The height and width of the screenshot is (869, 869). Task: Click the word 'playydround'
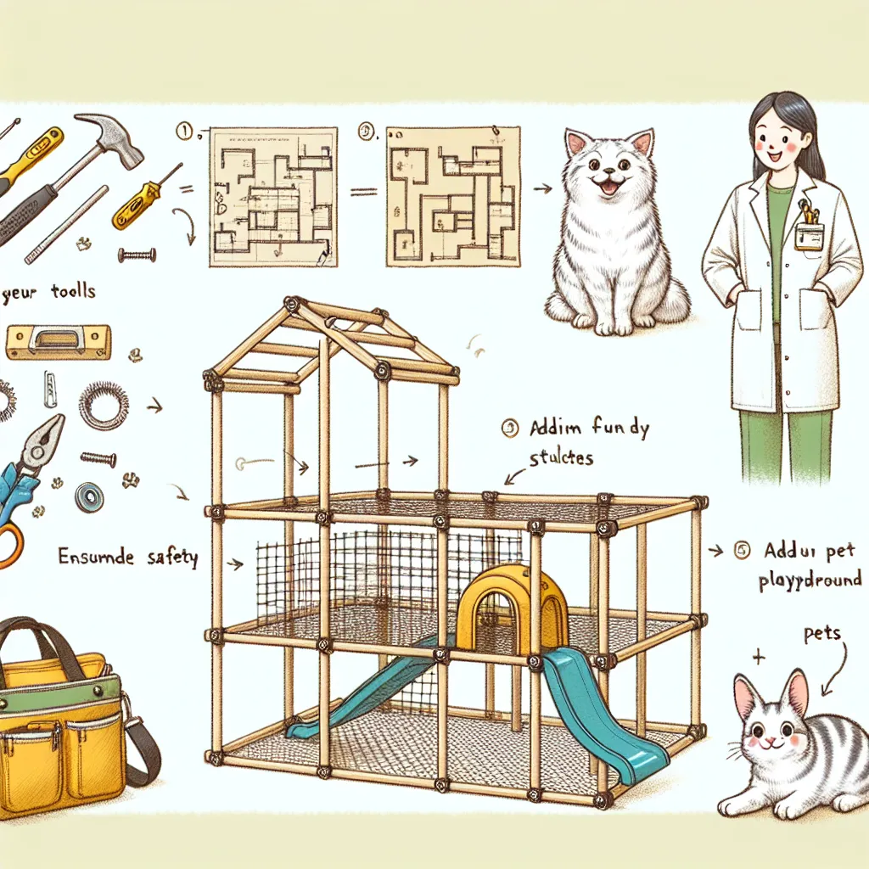pos(808,581)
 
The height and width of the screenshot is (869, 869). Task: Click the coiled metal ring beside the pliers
pos(104,406)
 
